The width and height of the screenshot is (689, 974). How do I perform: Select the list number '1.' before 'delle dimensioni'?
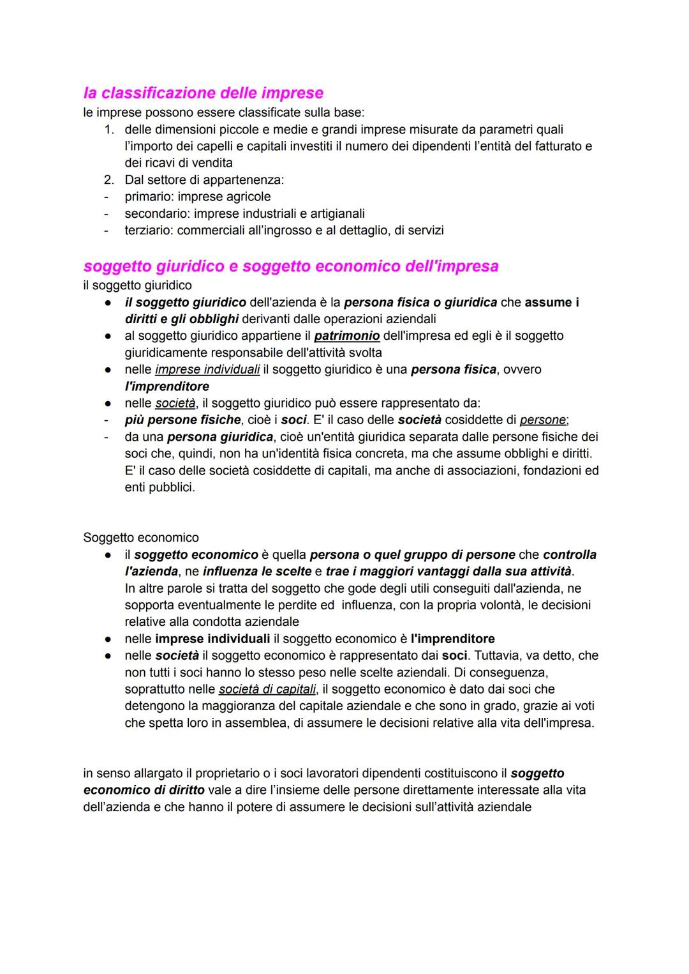[x=110, y=130]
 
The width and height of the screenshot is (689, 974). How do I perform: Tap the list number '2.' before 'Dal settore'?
[x=110, y=180]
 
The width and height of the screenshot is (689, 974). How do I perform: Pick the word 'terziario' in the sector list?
[x=148, y=230]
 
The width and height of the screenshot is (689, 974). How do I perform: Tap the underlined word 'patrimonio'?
[x=347, y=336]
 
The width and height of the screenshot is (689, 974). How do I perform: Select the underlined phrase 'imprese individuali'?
[x=207, y=370]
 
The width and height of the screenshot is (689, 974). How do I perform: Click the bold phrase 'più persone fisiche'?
[x=183, y=420]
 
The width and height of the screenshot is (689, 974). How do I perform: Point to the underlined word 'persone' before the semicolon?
[x=542, y=420]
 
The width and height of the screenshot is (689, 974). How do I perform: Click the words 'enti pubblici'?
[x=159, y=487]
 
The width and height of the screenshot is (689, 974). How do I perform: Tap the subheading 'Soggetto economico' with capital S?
[x=141, y=538]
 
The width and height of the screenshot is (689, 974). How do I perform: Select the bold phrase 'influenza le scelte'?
[x=257, y=571]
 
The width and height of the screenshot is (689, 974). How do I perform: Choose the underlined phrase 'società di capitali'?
[x=267, y=689]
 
